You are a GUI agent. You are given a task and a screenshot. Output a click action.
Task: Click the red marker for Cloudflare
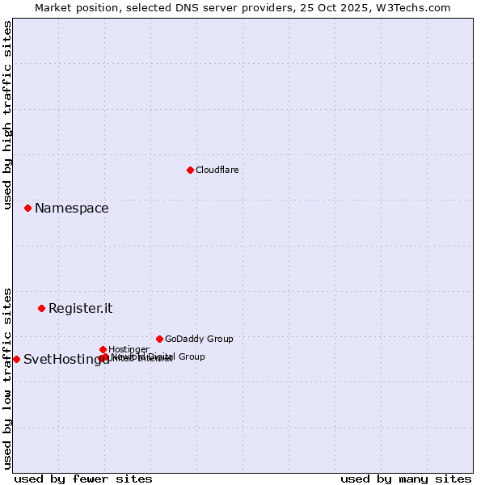click(190, 170)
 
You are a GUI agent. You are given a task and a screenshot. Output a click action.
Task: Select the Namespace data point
click(27, 208)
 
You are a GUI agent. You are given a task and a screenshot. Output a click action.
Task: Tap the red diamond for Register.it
click(41, 308)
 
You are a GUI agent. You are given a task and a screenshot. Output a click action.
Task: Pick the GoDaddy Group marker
click(159, 339)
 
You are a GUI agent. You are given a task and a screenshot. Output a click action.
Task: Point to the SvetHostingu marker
click(16, 359)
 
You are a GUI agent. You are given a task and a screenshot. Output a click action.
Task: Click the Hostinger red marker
click(103, 349)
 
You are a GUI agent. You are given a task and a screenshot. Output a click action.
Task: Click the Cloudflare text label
click(217, 170)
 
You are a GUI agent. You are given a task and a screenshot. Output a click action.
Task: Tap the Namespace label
click(71, 209)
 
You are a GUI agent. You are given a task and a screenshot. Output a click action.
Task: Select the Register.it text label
click(80, 309)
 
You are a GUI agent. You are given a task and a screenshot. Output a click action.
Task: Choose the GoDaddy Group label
click(199, 339)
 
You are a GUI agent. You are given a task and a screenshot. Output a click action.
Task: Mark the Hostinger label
click(129, 349)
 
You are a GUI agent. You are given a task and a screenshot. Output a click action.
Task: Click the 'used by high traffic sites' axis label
click(8, 116)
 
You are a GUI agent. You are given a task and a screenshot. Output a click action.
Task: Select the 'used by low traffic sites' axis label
click(8, 377)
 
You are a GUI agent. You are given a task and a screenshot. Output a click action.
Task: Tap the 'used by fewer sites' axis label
click(83, 479)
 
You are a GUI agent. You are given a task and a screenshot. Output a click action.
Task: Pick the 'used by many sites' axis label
click(406, 479)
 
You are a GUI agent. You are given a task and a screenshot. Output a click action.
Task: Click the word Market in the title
click(53, 7)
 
